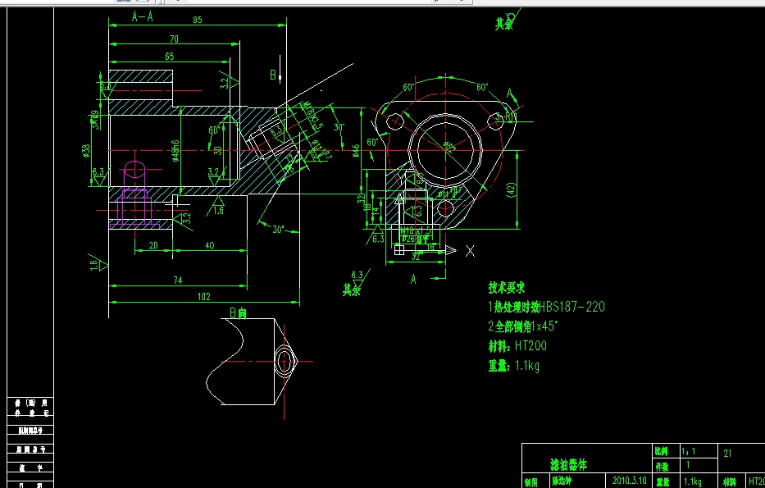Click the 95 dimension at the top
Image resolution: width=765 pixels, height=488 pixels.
(x=198, y=21)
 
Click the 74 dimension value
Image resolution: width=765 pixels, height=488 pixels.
(x=178, y=280)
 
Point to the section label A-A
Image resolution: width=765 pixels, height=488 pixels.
(x=142, y=17)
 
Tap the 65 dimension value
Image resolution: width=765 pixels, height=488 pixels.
(x=168, y=57)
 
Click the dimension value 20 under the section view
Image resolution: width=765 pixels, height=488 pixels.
(x=153, y=246)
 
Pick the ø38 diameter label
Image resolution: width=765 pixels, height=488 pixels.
(x=86, y=150)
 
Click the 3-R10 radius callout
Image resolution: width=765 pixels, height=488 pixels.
(x=510, y=116)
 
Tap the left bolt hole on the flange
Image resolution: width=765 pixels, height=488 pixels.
(x=391, y=116)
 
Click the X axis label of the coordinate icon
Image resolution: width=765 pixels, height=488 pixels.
(x=470, y=251)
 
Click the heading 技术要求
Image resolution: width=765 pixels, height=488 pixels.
(x=506, y=288)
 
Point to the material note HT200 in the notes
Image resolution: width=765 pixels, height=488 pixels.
(x=532, y=346)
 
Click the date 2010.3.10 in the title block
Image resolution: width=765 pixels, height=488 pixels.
(x=629, y=480)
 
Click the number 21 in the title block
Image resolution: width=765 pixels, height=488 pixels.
(x=728, y=453)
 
